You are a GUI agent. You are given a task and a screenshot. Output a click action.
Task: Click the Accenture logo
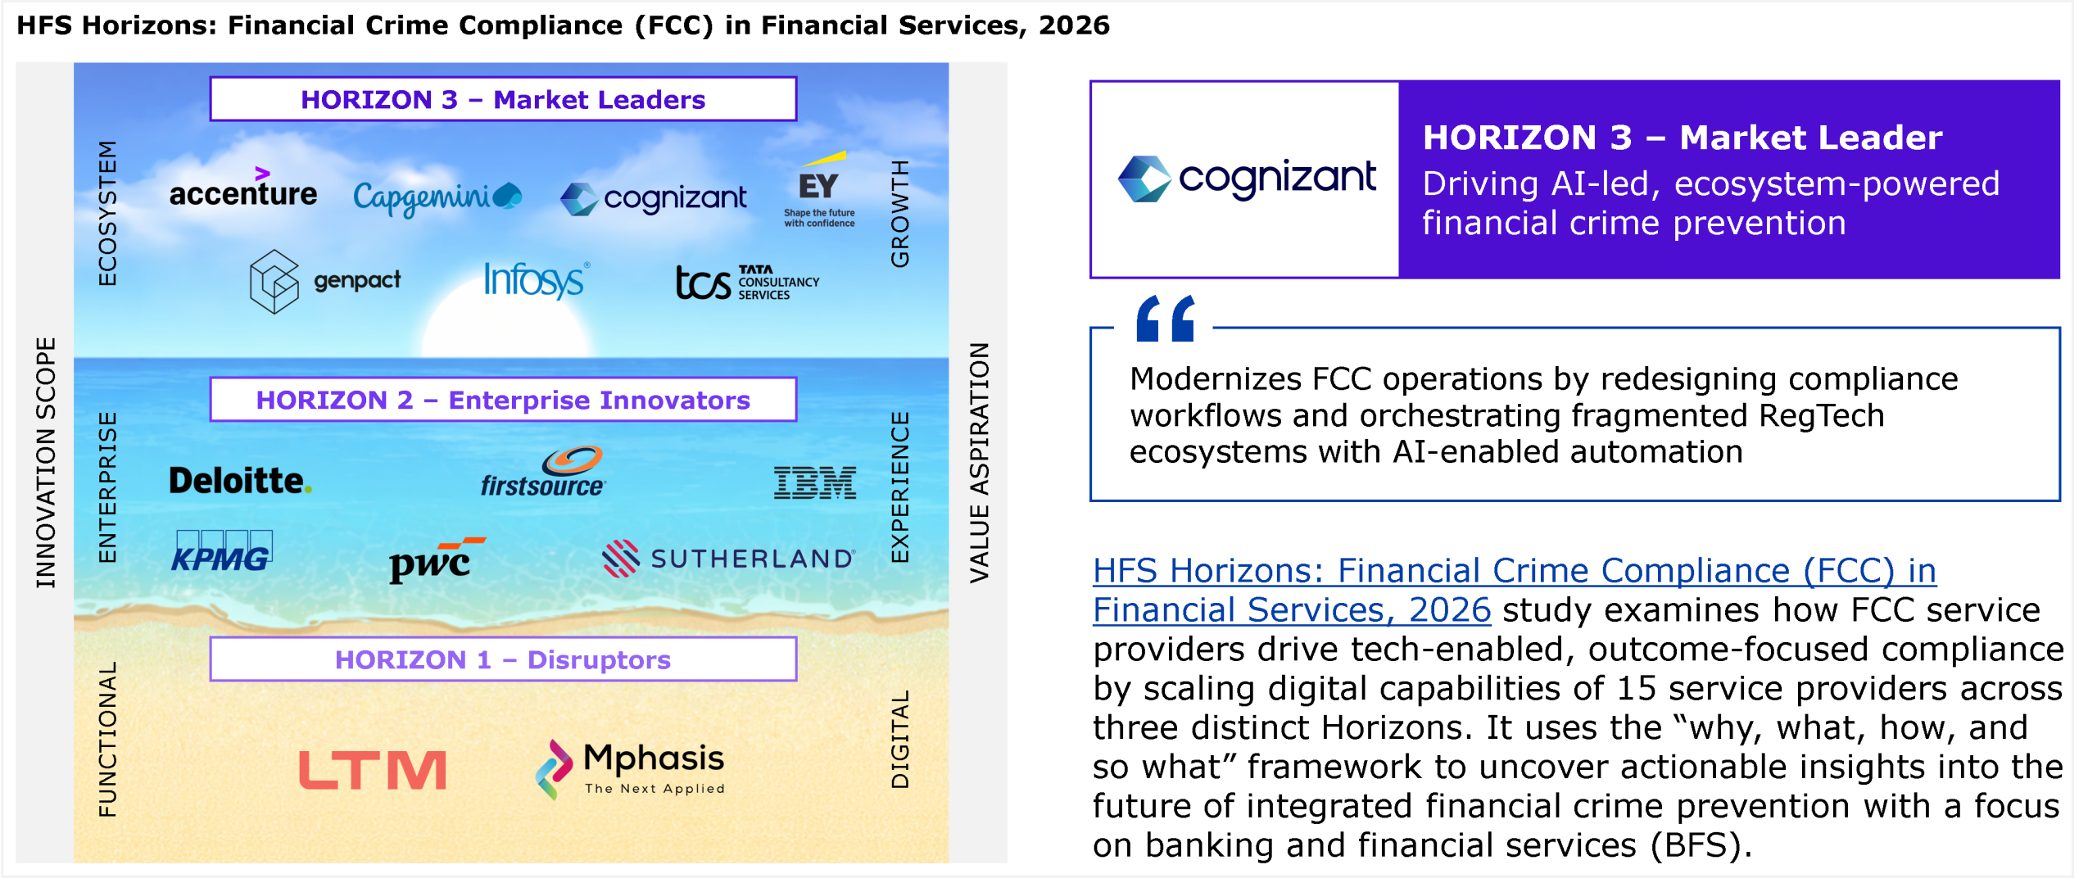pyautogui.click(x=243, y=188)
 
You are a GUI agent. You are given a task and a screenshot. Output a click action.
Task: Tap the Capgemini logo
pyautogui.click(x=437, y=197)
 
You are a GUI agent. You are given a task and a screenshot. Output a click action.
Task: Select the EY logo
pyautogui.click(x=820, y=189)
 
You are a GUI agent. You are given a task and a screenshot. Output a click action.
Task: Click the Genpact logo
pyautogui.click(x=325, y=281)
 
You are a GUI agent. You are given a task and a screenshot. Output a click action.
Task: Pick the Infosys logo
pyautogui.click(x=537, y=280)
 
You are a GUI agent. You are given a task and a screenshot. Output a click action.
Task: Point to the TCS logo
pyautogui.click(x=747, y=283)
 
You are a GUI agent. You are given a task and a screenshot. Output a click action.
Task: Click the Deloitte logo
pyautogui.click(x=241, y=480)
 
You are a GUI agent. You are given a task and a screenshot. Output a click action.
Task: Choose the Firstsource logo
pyautogui.click(x=543, y=472)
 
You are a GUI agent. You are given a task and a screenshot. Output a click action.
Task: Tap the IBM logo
pyautogui.click(x=815, y=482)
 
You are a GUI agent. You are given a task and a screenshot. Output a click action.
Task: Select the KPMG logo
pyautogui.click(x=222, y=551)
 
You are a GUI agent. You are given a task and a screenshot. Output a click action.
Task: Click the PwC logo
pyautogui.click(x=437, y=559)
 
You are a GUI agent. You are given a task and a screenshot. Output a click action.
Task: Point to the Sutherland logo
pyautogui.click(x=728, y=558)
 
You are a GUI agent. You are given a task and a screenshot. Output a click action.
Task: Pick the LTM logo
pyautogui.click(x=373, y=770)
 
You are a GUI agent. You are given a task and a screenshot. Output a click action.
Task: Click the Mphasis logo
pyautogui.click(x=630, y=769)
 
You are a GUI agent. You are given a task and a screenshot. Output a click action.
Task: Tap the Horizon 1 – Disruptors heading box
pyautogui.click(x=503, y=659)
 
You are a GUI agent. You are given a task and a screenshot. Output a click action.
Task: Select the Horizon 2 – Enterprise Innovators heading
pyautogui.click(x=503, y=400)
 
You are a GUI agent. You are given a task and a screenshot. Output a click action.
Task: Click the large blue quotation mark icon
pyautogui.click(x=1166, y=318)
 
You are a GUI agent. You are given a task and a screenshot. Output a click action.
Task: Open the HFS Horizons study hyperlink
pyautogui.click(x=1515, y=590)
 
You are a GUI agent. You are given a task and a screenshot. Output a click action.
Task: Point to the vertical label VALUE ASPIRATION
pyautogui.click(x=980, y=463)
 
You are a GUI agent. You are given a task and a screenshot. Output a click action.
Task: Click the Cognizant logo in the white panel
pyautogui.click(x=1247, y=179)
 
